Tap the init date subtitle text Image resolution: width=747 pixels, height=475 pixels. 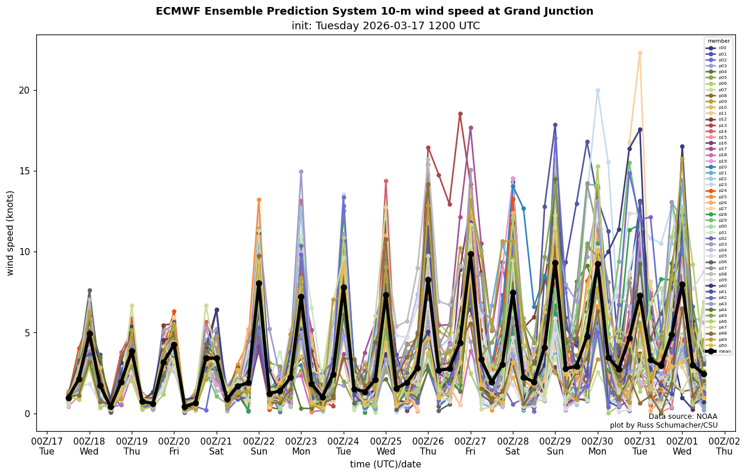385,26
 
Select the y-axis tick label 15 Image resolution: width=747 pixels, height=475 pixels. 25,171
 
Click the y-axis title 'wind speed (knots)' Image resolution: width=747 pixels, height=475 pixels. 10,233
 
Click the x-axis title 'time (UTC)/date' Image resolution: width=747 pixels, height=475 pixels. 385,464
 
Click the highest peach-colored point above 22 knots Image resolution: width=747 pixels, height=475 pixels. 640,53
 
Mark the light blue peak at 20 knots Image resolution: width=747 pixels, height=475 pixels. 598,90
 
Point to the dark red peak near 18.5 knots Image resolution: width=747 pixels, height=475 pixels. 460,114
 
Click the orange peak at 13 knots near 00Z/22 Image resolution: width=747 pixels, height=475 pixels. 259,200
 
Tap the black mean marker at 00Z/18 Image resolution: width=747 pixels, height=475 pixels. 90,333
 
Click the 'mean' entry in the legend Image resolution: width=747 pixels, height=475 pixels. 719,351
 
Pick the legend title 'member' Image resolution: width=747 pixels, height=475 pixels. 718,41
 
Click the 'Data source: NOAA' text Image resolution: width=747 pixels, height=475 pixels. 683,417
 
